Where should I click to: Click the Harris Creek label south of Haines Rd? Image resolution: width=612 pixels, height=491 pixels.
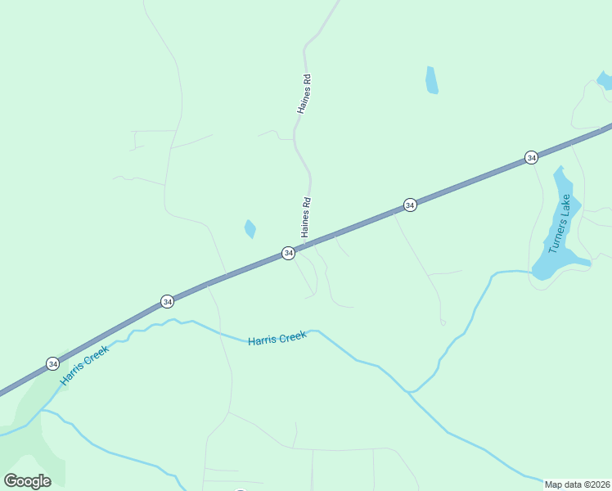coord(277,337)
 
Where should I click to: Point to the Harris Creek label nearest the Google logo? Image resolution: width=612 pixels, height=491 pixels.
coord(84,365)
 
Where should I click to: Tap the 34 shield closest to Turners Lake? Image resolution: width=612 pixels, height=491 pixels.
coord(531,157)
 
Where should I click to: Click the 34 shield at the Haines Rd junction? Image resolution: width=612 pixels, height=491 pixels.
coord(288,254)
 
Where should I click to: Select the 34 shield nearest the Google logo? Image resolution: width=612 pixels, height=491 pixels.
coord(52,363)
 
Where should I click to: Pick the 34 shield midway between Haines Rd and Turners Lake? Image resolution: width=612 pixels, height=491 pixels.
coord(410,205)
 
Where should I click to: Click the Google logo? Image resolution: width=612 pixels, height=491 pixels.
coord(27,480)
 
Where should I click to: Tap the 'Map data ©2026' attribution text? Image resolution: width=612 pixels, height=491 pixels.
coord(578,484)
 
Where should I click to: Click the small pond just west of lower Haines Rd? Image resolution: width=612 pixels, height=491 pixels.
coord(250,229)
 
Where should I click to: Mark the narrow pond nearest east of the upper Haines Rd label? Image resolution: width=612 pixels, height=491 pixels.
coord(431,80)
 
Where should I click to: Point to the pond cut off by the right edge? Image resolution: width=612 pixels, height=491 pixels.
coord(605,80)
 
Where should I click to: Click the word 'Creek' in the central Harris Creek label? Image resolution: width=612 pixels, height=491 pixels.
coord(292,336)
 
